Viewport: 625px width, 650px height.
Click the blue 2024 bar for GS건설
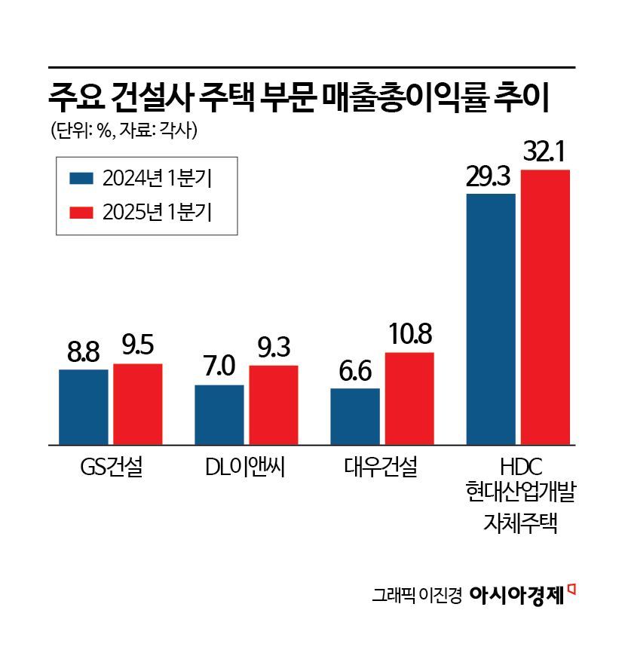[x=84, y=406]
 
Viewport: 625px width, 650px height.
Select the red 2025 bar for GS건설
[x=138, y=404]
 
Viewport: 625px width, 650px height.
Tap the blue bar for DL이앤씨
[x=219, y=415]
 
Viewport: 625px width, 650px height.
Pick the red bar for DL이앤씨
[x=274, y=405]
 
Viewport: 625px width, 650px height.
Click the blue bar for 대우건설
[x=355, y=416]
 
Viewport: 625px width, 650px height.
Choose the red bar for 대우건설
[x=409, y=398]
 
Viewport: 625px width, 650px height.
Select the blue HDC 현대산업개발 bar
[x=491, y=319]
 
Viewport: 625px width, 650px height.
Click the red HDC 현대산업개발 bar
[x=545, y=307]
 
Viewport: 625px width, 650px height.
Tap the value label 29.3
[x=490, y=177]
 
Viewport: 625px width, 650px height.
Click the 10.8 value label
[x=409, y=335]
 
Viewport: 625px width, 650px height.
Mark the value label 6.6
[x=354, y=372]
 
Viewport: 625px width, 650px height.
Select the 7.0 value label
[x=219, y=368]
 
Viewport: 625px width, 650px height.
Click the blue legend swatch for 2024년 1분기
[x=81, y=179]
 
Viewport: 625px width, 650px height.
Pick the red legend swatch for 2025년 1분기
[x=81, y=212]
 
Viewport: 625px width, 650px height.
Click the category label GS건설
[x=111, y=468]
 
